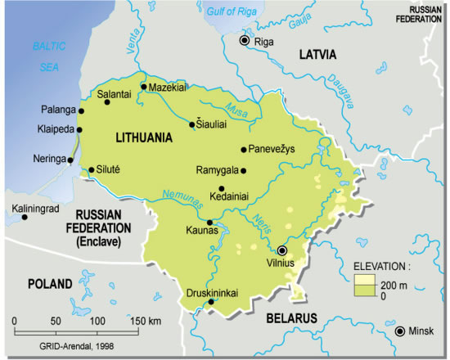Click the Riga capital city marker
243,40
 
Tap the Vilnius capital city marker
282,250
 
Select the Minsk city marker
399,331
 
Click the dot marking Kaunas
211,222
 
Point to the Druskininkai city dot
212,302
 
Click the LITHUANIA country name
144,138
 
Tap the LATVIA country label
317,56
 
